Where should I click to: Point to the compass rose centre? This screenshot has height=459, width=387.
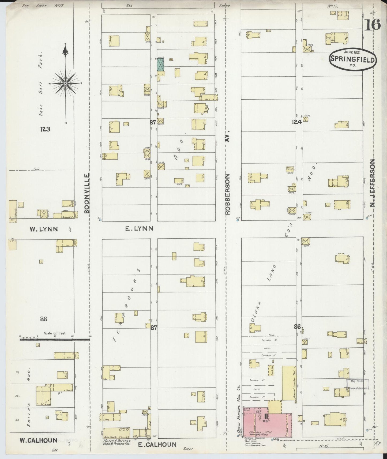tap(65, 84)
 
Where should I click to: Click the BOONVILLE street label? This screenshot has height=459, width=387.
tap(87, 193)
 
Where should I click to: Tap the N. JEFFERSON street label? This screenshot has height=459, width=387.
tap(372, 183)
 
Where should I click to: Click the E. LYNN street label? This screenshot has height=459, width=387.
tap(139, 228)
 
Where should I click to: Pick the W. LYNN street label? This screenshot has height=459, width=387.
tap(44, 229)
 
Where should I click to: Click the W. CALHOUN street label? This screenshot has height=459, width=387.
tap(39, 440)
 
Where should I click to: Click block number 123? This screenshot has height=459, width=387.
tap(45, 129)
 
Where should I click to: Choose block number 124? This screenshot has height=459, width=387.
tap(297, 122)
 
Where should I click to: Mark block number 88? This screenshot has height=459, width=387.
tap(44, 319)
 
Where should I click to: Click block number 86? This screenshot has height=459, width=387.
tap(297, 326)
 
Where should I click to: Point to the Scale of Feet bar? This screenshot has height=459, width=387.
tap(55, 339)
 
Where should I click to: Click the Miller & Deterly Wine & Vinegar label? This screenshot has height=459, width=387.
tap(117, 442)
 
